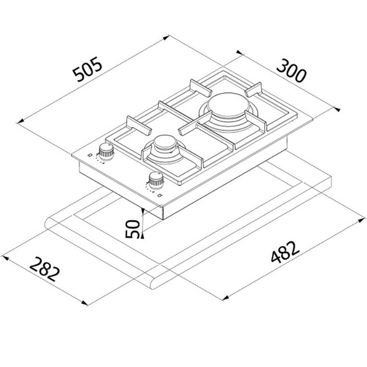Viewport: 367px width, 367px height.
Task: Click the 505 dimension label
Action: pos(87,69)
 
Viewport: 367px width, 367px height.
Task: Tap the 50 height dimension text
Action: pos(133,229)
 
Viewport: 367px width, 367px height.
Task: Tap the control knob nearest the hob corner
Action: pos(106,152)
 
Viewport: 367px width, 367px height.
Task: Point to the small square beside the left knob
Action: pos(89,155)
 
